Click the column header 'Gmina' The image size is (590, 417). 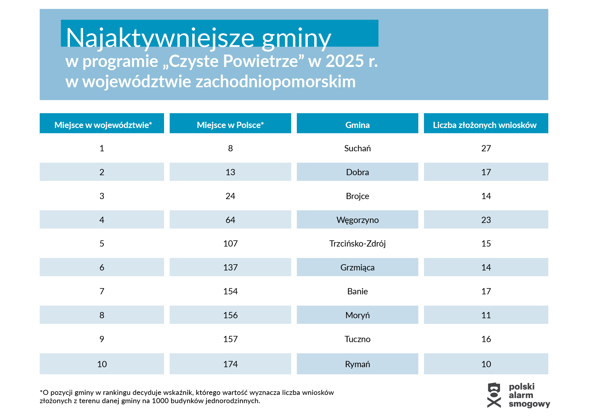click(x=357, y=125)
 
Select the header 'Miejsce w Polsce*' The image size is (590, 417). click(x=230, y=125)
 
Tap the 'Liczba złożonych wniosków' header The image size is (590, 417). click(x=484, y=125)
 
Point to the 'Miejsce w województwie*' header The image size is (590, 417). click(x=103, y=125)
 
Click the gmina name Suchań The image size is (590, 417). click(x=357, y=148)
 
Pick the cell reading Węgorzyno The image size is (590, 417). click(x=357, y=220)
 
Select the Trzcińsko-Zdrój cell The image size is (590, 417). click(x=357, y=244)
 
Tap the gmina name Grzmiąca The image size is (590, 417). click(x=357, y=267)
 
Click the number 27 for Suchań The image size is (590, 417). click(x=486, y=148)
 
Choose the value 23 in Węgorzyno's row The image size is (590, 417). click(x=486, y=220)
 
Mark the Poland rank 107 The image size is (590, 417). click(x=230, y=244)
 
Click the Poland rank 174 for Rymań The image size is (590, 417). click(x=230, y=364)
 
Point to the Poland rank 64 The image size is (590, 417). click(x=230, y=220)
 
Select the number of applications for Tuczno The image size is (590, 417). click(x=486, y=339)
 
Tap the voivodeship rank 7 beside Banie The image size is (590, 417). click(x=102, y=291)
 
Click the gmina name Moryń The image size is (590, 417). click(x=357, y=315)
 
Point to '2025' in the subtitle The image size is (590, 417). click(x=345, y=61)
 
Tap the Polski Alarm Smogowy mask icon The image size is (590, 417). click(x=494, y=395)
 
